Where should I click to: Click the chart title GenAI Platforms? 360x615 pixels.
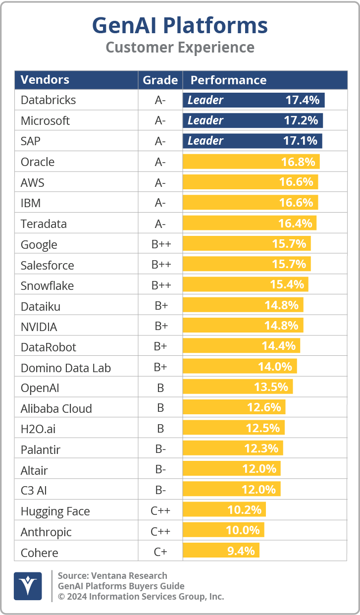click(180, 25)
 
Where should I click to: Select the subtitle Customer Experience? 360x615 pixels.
click(180, 48)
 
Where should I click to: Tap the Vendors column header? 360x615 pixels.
click(45, 80)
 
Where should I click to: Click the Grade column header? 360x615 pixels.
click(160, 80)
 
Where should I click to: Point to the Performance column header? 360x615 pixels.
click(228, 80)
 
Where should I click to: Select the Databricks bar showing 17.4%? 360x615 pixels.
click(254, 100)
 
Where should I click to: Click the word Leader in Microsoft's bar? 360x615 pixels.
click(206, 120)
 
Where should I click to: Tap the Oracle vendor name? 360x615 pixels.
click(38, 162)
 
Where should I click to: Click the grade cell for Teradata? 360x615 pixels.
click(160, 224)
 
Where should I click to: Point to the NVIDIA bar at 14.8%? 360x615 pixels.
click(243, 326)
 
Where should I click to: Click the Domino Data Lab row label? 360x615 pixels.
click(66, 368)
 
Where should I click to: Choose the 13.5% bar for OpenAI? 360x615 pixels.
click(238, 387)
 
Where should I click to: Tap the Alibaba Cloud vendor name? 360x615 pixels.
click(56, 409)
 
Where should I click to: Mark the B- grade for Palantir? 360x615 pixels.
click(160, 450)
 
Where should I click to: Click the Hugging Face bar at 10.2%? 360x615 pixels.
click(224, 510)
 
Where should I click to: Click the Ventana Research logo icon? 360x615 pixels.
click(28, 586)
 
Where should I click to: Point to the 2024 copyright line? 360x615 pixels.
click(141, 597)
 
